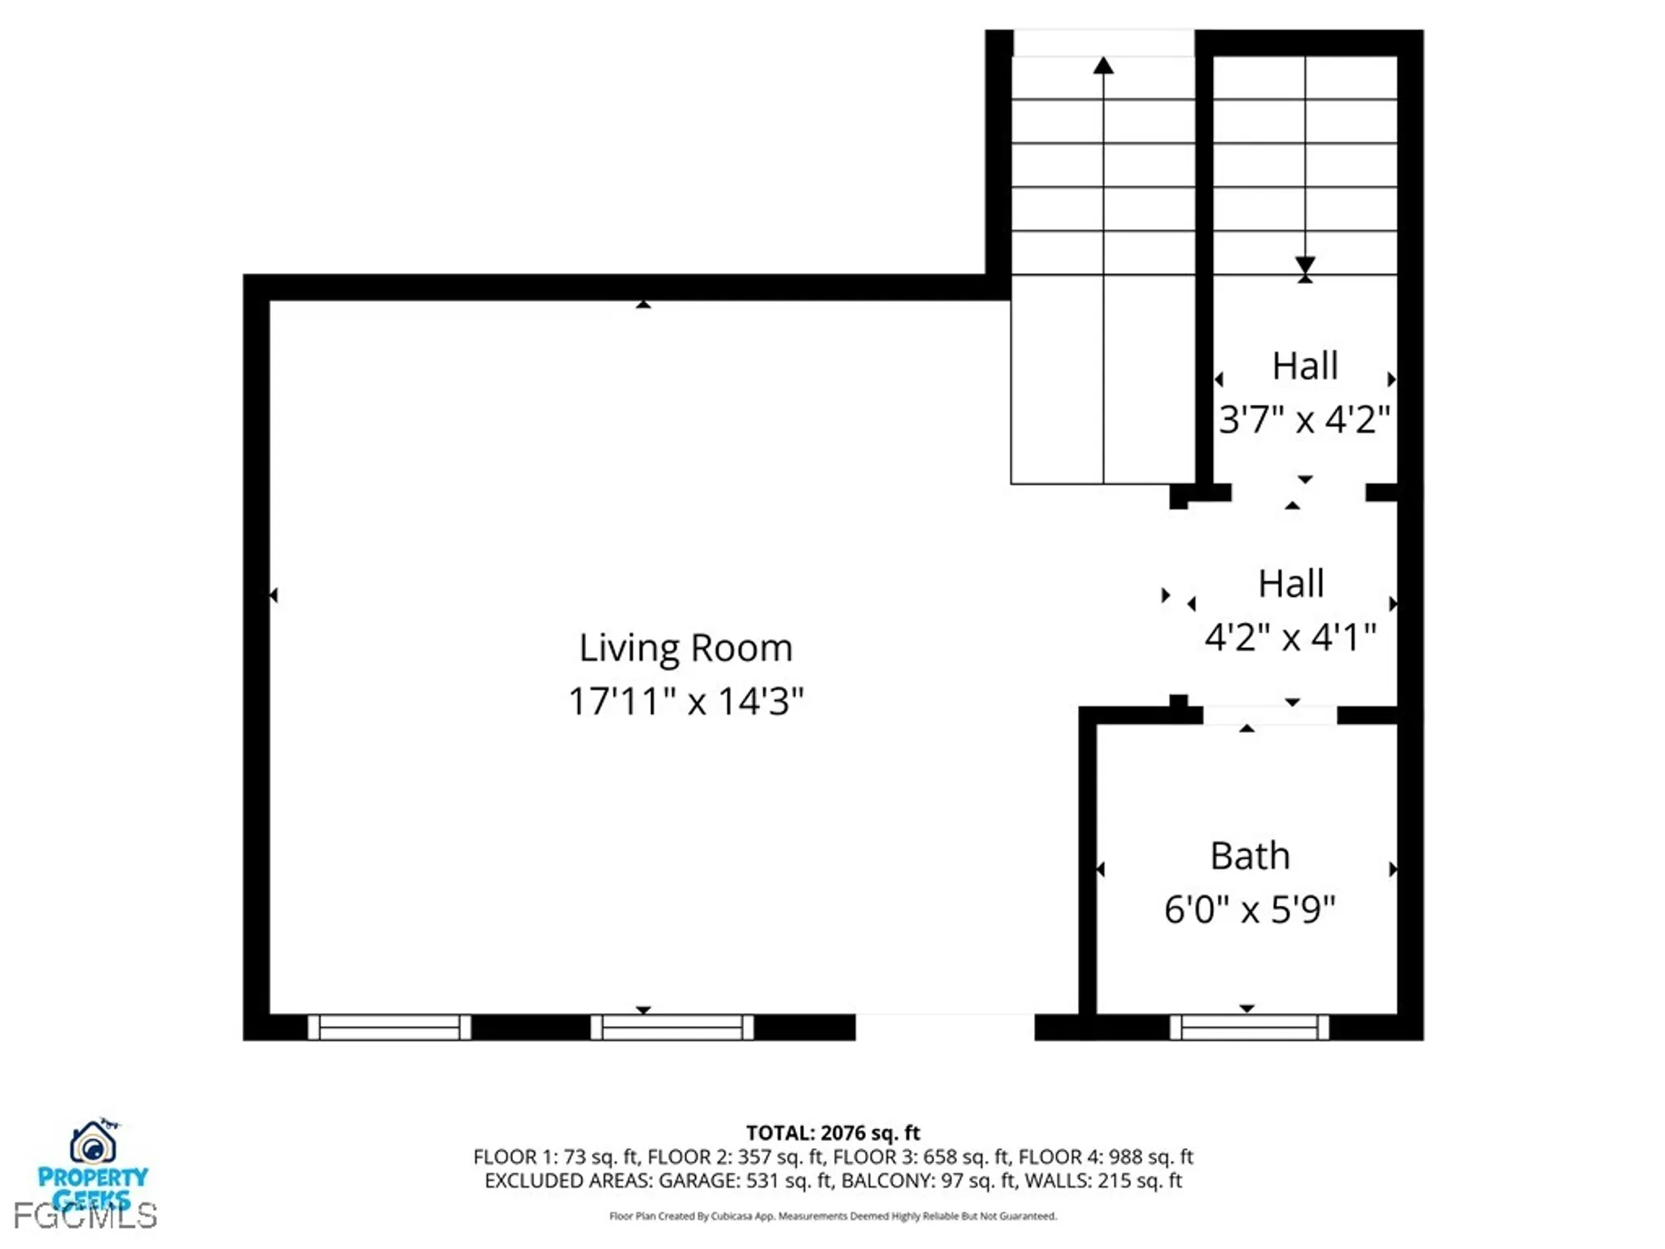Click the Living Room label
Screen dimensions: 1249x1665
point(685,648)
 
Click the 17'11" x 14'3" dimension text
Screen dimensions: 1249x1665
point(685,701)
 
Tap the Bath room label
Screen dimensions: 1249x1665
point(1249,856)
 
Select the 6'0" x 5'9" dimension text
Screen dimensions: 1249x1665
point(1249,909)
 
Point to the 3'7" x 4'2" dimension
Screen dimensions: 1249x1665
point(1304,419)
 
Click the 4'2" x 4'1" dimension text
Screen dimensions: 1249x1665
point(1290,638)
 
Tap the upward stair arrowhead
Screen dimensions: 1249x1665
point(1103,66)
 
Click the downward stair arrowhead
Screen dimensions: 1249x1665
point(1305,265)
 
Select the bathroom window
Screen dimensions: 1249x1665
point(1249,1027)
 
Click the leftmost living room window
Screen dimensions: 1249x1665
point(389,1027)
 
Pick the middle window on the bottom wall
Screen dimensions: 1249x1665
point(672,1027)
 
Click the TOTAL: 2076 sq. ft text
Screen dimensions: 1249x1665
point(832,1132)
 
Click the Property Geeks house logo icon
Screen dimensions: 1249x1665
point(92,1142)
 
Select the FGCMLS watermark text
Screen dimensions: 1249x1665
point(85,1217)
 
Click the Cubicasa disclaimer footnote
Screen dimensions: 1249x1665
point(832,1216)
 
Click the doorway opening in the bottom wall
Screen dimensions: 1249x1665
point(945,1027)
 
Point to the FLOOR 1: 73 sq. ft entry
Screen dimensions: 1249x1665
point(556,1157)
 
